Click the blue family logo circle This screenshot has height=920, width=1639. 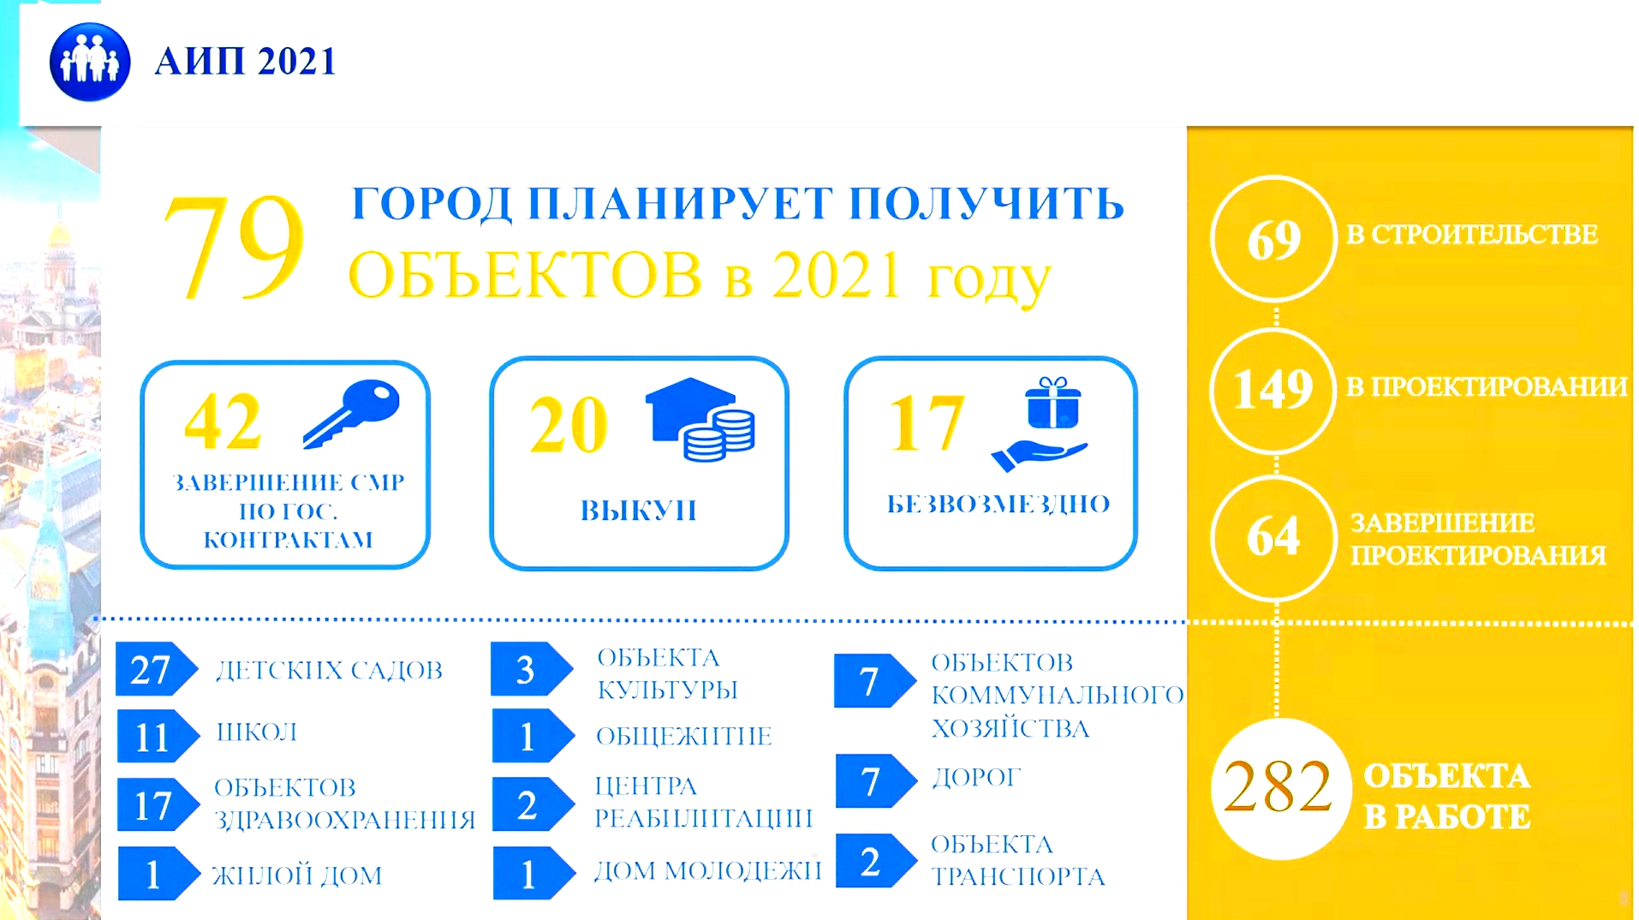(90, 62)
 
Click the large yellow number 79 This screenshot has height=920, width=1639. (234, 248)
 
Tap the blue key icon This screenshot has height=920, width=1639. (351, 414)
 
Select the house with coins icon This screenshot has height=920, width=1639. (700, 420)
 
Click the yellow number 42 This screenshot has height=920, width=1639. (223, 421)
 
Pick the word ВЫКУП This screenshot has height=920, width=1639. (639, 511)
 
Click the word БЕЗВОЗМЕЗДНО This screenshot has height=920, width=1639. (998, 504)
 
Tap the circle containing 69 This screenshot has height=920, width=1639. (1273, 239)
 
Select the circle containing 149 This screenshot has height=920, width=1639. (1273, 390)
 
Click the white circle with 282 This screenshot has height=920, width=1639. (1280, 788)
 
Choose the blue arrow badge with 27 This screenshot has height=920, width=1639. (157, 668)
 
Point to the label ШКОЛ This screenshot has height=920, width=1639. (257, 732)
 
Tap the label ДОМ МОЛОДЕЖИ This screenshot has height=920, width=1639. (708, 871)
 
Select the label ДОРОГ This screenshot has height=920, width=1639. (976, 778)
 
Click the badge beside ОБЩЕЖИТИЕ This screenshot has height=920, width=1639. (533, 736)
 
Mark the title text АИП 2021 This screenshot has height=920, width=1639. (246, 62)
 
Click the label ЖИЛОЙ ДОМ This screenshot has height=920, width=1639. (297, 875)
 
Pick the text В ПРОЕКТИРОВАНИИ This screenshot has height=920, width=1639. (1487, 387)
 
